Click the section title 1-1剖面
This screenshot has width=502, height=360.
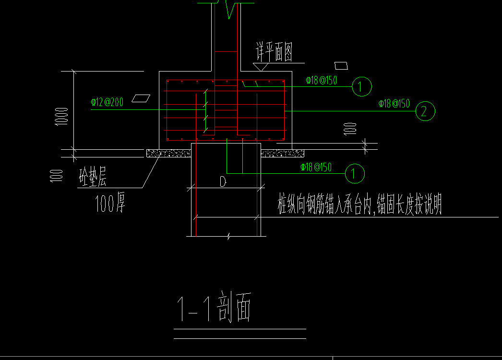(x=214, y=307)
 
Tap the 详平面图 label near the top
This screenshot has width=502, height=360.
(x=274, y=52)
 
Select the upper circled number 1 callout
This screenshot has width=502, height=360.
(x=361, y=86)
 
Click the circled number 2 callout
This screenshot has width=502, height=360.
(x=425, y=111)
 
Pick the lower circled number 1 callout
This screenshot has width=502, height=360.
(x=355, y=173)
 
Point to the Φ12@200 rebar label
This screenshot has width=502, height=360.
(x=107, y=102)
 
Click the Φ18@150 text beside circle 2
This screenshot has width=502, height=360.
(x=394, y=104)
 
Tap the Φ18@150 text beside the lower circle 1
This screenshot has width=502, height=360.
(x=316, y=167)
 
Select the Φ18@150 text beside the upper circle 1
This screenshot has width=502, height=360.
(x=321, y=81)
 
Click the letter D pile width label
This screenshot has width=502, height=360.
(x=223, y=182)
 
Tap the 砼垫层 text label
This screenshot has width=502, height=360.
(x=93, y=178)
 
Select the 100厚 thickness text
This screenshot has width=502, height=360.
(x=110, y=205)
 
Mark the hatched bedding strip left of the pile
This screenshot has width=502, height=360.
(x=168, y=153)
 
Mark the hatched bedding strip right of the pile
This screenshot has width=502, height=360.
(x=282, y=153)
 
